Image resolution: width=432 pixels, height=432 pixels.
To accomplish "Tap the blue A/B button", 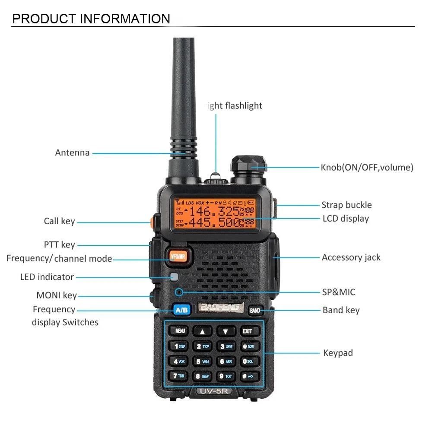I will click(x=181, y=310).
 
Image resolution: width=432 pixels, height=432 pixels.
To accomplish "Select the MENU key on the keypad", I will click(x=179, y=331).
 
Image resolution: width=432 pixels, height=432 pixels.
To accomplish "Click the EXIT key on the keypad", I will click(x=248, y=331).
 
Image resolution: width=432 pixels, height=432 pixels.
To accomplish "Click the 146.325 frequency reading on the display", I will click(x=215, y=211).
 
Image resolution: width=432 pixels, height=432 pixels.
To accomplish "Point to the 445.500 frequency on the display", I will click(x=215, y=222).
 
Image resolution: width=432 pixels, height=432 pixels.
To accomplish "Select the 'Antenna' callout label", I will click(x=72, y=152).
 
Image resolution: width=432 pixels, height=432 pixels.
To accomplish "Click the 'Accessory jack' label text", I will click(x=351, y=257).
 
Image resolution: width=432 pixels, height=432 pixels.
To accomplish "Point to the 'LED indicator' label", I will click(x=47, y=277).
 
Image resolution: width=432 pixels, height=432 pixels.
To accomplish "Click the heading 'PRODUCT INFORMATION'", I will click(x=91, y=19).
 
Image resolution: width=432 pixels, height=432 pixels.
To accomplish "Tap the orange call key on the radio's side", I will click(x=152, y=222).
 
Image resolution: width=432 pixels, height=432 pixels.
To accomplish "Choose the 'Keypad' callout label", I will click(x=338, y=353).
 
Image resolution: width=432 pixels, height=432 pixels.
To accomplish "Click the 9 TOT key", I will click(x=225, y=376).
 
